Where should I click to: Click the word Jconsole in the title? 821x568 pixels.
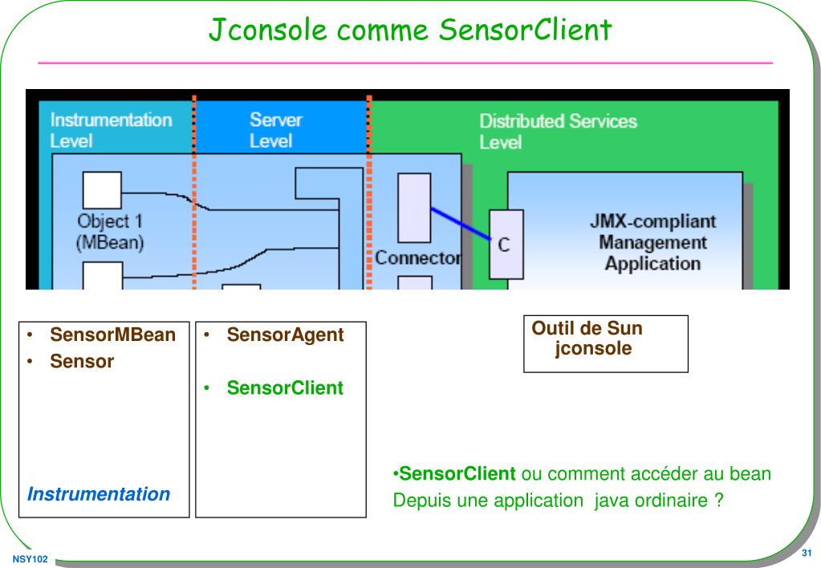tap(267, 30)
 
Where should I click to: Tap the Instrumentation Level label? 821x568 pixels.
tap(111, 130)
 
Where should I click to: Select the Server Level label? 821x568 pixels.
tap(276, 130)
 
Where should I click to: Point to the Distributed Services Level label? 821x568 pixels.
tap(558, 132)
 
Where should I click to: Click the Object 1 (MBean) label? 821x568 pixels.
tap(110, 232)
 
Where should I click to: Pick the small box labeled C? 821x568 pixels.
tap(506, 245)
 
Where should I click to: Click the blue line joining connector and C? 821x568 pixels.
tap(461, 224)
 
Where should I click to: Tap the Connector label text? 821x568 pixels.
tap(418, 258)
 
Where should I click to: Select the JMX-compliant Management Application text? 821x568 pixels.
tap(653, 242)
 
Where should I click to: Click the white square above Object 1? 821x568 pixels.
tap(102, 190)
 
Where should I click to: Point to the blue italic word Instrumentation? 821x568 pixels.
tap(99, 493)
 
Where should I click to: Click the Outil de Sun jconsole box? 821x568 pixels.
tap(606, 344)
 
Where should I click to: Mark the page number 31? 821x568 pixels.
tap(807, 553)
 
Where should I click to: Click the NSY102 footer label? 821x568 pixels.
tap(30, 559)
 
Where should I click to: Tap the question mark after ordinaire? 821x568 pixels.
tap(719, 500)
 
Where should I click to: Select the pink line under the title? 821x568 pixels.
tap(405, 63)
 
